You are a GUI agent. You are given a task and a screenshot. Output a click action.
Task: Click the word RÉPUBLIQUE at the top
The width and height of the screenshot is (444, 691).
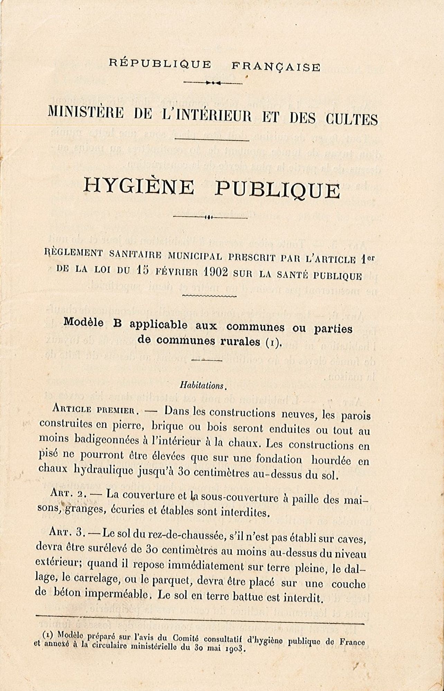(x=160, y=64)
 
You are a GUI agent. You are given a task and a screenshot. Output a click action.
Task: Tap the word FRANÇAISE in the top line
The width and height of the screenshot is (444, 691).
(x=276, y=66)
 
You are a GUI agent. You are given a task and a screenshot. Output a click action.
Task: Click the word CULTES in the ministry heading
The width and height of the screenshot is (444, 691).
(x=351, y=120)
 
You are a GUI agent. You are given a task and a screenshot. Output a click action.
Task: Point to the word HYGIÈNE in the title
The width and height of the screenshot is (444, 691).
(x=139, y=187)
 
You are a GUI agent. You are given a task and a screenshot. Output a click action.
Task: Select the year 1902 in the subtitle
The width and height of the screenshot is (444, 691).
(x=216, y=272)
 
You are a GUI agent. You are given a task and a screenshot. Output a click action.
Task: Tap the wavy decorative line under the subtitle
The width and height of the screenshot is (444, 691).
(x=209, y=296)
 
